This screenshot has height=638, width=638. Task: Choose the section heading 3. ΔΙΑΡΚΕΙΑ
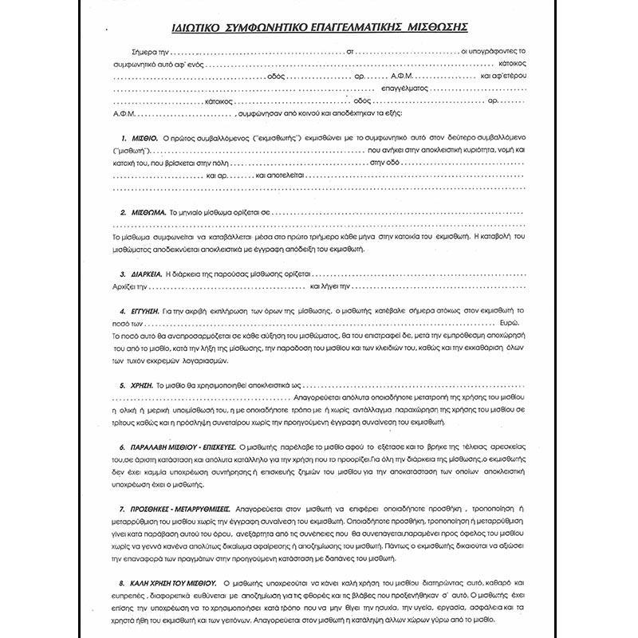click(137, 274)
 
